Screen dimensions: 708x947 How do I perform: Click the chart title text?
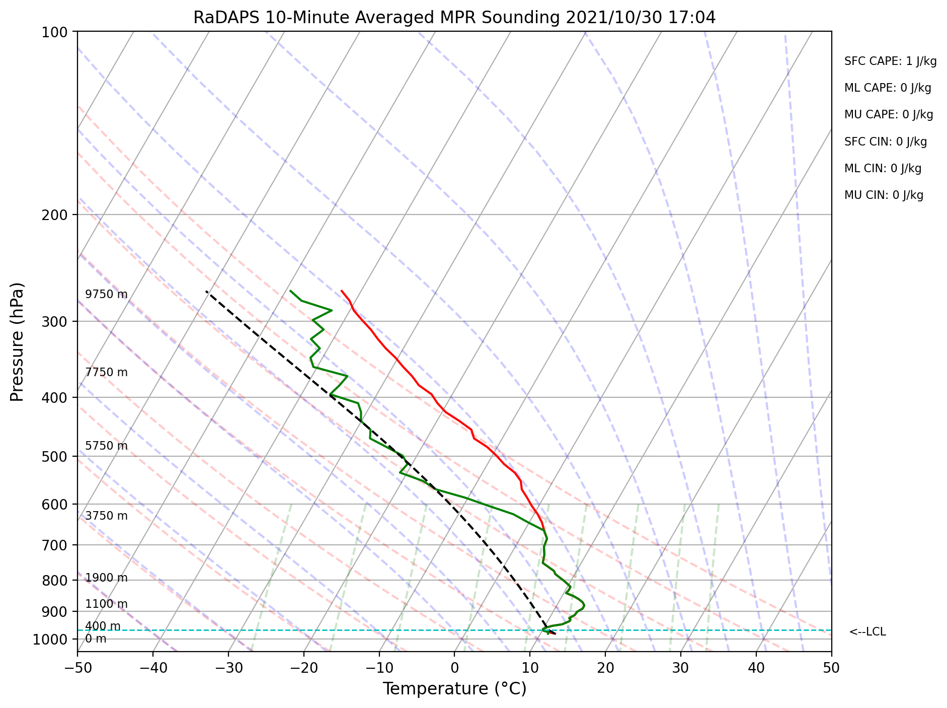click(454, 18)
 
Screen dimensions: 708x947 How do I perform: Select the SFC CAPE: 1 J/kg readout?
click(890, 61)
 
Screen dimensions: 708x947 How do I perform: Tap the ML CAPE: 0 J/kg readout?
click(888, 88)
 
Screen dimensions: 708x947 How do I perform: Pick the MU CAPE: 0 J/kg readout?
click(889, 115)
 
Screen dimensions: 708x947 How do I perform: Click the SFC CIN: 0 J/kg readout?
click(886, 142)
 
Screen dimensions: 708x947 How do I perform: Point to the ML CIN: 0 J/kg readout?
click(883, 169)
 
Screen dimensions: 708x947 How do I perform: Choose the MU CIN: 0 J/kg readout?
click(884, 195)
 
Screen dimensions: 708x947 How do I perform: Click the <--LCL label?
click(867, 632)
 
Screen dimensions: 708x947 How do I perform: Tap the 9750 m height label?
click(106, 295)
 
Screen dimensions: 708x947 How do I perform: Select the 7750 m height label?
click(106, 373)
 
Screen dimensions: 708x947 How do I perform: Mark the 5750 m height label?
click(106, 446)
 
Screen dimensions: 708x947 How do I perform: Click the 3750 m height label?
click(106, 516)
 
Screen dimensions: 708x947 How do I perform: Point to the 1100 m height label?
click(106, 604)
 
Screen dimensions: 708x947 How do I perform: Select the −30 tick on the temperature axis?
click(228, 668)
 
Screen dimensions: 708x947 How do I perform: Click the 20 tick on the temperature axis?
click(605, 668)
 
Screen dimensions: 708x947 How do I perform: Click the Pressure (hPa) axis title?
click(18, 342)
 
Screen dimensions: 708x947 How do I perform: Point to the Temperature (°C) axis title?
click(454, 689)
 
